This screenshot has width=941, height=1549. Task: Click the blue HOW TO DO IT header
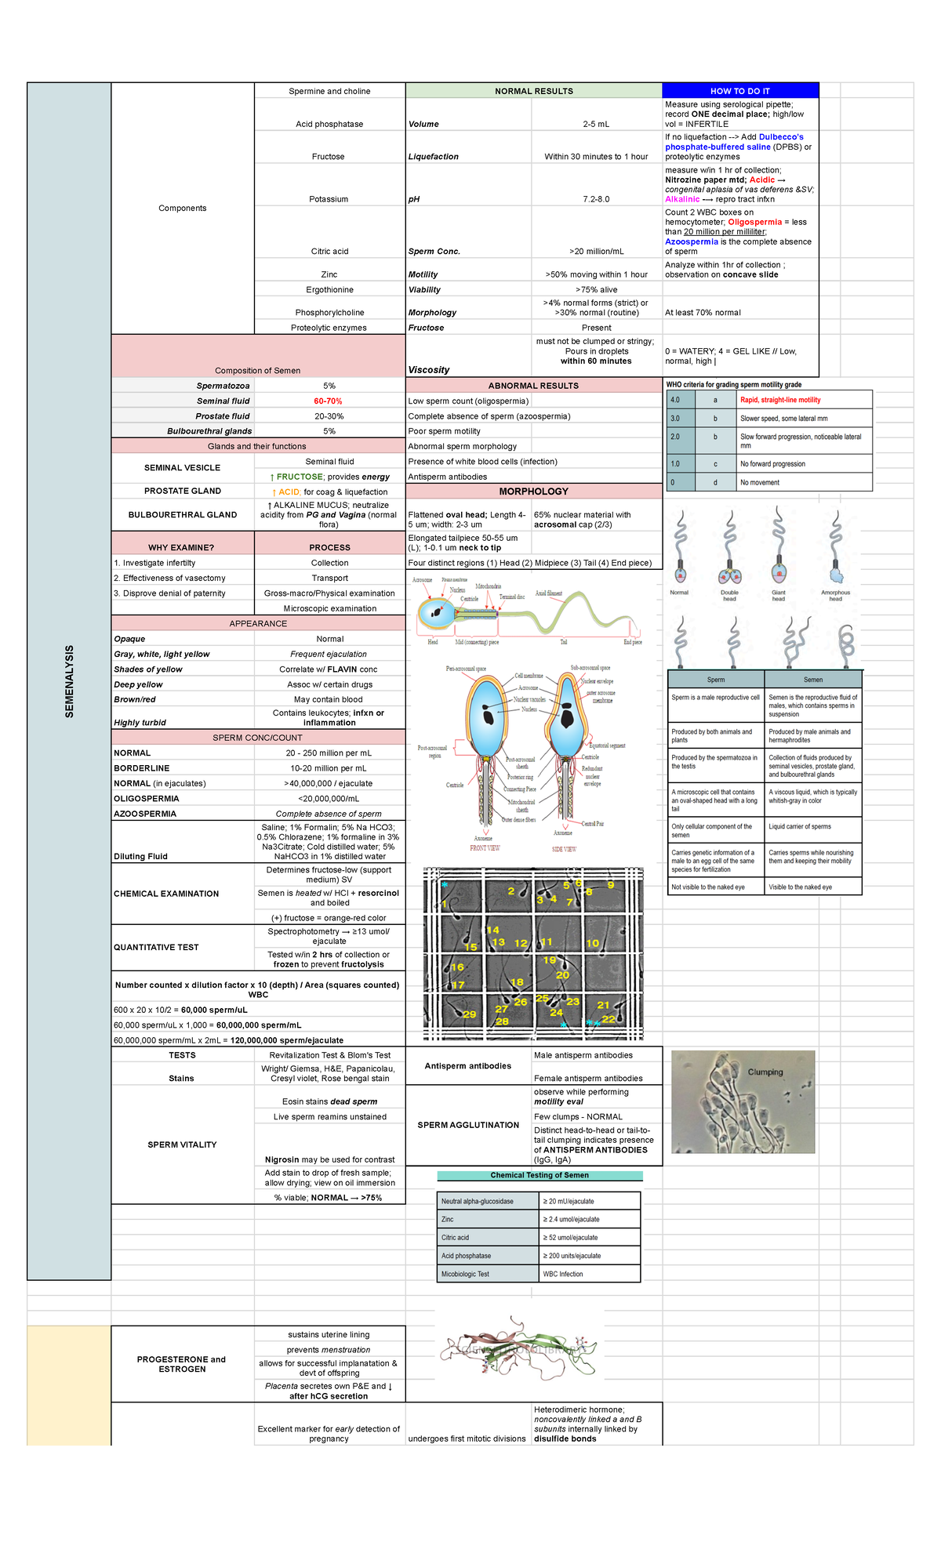tap(739, 91)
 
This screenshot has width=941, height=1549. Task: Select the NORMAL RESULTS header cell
tap(533, 91)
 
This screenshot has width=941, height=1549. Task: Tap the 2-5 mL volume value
tap(596, 124)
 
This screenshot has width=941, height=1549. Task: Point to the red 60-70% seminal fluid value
tap(329, 401)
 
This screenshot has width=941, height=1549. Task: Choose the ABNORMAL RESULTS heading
tap(533, 386)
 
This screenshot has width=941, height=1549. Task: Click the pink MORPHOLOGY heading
tap(533, 492)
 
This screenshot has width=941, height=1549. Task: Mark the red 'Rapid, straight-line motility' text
tap(780, 400)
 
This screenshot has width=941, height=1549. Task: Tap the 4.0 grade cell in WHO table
tap(675, 400)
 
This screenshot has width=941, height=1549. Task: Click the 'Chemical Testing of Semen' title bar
tap(540, 1175)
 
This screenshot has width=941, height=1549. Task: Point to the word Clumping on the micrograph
tap(765, 1072)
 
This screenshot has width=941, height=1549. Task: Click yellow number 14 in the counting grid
tap(492, 930)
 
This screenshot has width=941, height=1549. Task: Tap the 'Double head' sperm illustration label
tap(729, 596)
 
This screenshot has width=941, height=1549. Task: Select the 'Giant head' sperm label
tap(778, 596)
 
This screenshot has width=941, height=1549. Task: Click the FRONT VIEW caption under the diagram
tap(485, 848)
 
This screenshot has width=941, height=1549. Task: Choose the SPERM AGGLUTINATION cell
tap(468, 1125)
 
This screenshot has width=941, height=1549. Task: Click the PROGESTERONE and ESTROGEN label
tap(182, 1364)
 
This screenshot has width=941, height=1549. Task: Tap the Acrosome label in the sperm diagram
tap(423, 580)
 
